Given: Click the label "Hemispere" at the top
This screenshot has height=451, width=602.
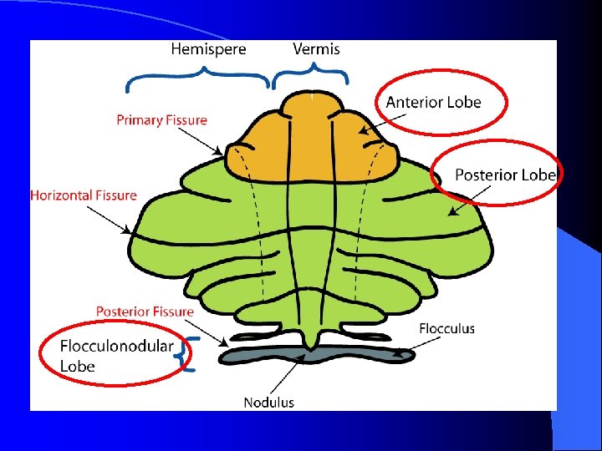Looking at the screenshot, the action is click(x=208, y=49).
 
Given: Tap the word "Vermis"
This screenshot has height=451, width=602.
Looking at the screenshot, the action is click(x=316, y=49).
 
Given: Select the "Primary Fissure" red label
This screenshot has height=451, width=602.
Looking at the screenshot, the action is click(x=161, y=120).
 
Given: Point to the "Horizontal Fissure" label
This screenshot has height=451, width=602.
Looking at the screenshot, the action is click(x=83, y=195).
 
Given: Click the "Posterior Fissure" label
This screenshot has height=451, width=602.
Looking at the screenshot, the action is click(x=145, y=312).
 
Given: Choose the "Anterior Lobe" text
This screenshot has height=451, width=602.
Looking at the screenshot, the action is click(x=433, y=102).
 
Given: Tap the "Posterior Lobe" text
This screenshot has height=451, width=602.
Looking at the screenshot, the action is click(x=505, y=175).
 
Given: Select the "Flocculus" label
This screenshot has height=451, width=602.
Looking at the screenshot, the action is click(x=446, y=328).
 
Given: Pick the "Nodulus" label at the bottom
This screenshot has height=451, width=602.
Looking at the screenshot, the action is click(x=268, y=403).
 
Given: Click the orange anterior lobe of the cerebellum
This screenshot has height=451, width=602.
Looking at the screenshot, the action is click(x=310, y=142).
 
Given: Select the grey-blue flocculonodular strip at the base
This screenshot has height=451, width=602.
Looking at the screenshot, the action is click(x=309, y=357).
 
